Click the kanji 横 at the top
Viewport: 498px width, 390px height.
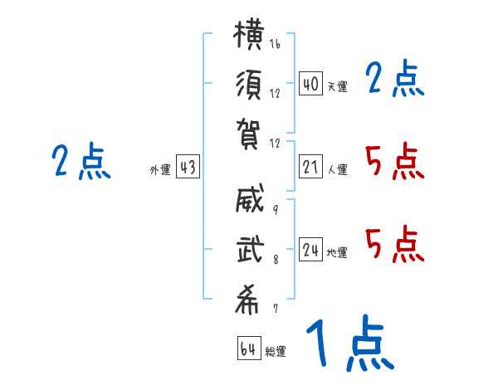pos(249,34)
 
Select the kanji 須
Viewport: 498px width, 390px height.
pos(249,85)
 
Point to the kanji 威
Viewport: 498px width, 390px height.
pos(250,198)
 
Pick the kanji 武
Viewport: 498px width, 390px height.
pos(251,249)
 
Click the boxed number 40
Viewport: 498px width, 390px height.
pos(310,83)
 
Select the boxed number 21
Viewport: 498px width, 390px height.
pos(310,167)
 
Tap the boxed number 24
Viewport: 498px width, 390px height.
pos(310,249)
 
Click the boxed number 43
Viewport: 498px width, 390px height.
pos(188,167)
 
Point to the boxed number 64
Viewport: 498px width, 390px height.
pos(249,348)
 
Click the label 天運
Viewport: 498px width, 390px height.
pos(338,86)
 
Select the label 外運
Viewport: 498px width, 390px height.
pos(160,169)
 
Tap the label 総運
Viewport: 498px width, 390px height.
pos(276,351)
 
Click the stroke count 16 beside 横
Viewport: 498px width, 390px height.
pos(275,43)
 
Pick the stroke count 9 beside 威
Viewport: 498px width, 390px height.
pos(276,209)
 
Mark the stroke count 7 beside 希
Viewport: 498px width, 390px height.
pos(276,309)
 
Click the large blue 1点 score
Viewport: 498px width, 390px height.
pos(350,343)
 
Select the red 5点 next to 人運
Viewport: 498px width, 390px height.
pos(394,161)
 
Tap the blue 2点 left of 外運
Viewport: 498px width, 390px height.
pos(81,161)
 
